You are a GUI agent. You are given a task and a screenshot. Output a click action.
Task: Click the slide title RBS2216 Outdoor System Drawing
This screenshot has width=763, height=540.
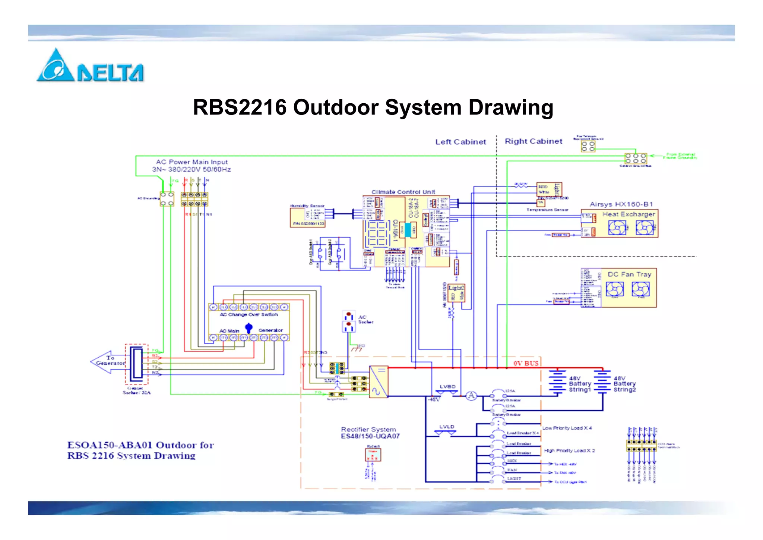(x=373, y=107)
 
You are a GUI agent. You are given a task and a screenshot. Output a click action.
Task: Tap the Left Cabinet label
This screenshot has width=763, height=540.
(x=460, y=142)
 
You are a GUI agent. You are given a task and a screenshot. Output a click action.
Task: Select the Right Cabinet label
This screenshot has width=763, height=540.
(x=533, y=141)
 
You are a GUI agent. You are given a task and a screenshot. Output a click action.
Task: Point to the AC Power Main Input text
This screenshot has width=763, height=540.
(x=191, y=166)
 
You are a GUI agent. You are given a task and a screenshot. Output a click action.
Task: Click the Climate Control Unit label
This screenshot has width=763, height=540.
(x=403, y=192)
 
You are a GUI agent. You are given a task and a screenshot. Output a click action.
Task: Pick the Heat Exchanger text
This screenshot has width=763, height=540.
(x=629, y=214)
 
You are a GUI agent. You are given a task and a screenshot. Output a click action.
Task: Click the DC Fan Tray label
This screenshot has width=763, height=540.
(x=629, y=274)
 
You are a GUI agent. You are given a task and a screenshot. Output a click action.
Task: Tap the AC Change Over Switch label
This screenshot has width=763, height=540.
(x=248, y=315)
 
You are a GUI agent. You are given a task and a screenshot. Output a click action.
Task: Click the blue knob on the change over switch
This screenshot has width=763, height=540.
(x=249, y=328)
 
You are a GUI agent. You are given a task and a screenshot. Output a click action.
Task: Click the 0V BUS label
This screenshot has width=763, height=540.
(x=526, y=363)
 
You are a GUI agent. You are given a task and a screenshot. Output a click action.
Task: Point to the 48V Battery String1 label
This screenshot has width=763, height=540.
(x=580, y=384)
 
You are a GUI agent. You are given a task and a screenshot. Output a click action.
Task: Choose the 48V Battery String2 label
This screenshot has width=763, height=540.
(x=624, y=384)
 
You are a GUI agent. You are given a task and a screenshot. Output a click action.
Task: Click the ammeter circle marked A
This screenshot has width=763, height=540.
(x=471, y=396)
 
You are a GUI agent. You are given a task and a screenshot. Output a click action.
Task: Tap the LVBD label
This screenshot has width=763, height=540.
(x=447, y=387)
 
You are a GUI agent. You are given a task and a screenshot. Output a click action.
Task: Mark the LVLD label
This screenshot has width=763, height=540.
(x=446, y=427)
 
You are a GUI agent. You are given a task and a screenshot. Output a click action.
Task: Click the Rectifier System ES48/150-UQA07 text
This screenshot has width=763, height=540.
(x=370, y=433)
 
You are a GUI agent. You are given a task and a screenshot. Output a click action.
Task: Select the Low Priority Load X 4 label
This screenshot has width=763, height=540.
(x=567, y=428)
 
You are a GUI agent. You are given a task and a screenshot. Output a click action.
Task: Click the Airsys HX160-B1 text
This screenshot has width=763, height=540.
(x=621, y=204)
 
